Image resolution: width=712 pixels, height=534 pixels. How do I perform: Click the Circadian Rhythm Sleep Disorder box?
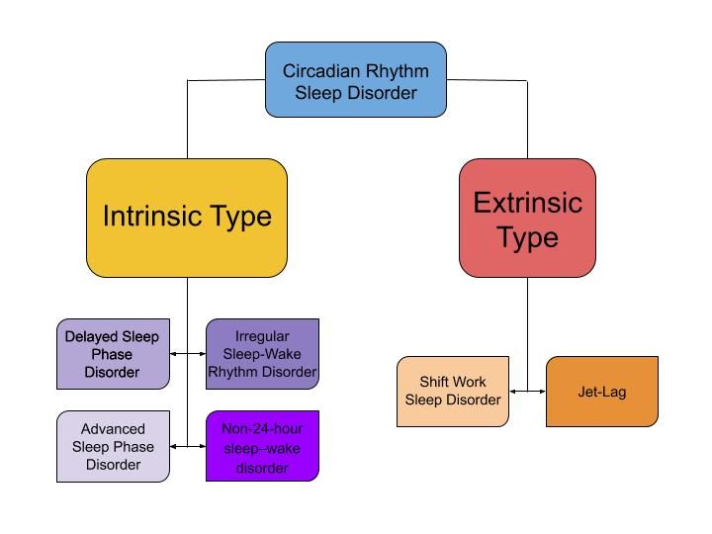pos(356,80)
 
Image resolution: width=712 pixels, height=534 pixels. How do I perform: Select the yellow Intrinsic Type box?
pos(187,218)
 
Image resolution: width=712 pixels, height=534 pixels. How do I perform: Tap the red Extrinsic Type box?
pos(528,218)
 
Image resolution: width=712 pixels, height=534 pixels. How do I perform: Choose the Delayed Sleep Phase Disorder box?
pos(113,354)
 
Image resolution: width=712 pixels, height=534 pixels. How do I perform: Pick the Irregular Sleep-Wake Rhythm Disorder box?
pos(262,354)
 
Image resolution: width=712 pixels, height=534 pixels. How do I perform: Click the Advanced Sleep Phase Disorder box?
pos(113,446)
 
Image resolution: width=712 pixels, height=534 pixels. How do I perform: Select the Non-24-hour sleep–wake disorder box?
pos(262,446)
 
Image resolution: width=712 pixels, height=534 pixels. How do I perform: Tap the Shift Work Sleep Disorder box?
pos(453,392)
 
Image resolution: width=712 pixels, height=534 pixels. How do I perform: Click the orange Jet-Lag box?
pos(602,392)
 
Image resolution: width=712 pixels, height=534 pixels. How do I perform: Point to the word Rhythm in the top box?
pos(398,71)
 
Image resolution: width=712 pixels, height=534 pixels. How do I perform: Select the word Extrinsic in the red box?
pos(528,203)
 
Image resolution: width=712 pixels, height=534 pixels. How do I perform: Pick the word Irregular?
pos(262,336)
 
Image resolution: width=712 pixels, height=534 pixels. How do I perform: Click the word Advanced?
pos(113,428)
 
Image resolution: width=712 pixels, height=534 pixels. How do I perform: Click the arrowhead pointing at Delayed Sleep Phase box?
pos(173,354)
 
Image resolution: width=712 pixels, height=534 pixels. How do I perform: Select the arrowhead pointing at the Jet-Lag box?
pos(543,392)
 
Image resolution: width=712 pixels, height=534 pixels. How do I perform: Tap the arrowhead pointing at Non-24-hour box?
pos(203,446)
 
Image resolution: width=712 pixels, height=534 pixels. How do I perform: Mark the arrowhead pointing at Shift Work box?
pos(512,392)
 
